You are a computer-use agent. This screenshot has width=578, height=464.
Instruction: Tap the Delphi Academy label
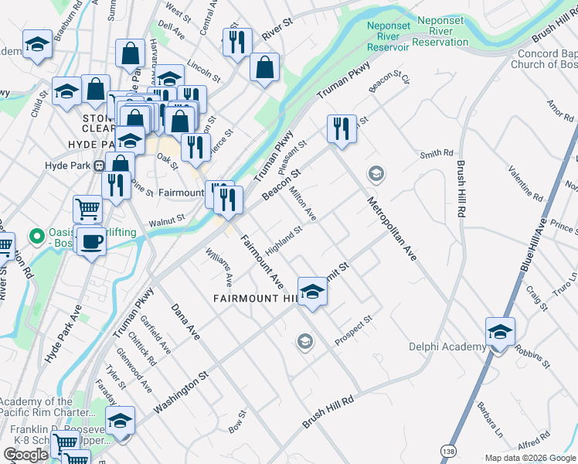447,347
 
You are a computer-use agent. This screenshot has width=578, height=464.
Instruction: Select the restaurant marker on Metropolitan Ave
341,128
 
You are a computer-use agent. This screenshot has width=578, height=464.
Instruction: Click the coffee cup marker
91,241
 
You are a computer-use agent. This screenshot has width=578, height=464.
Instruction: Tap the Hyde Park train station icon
99,165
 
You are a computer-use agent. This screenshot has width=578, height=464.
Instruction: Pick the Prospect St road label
354,329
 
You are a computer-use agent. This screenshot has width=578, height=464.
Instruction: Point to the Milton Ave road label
303,203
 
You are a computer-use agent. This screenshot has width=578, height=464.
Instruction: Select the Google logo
26,455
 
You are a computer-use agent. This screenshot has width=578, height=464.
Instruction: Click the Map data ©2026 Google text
530,458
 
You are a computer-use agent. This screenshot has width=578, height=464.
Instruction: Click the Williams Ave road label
219,264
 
